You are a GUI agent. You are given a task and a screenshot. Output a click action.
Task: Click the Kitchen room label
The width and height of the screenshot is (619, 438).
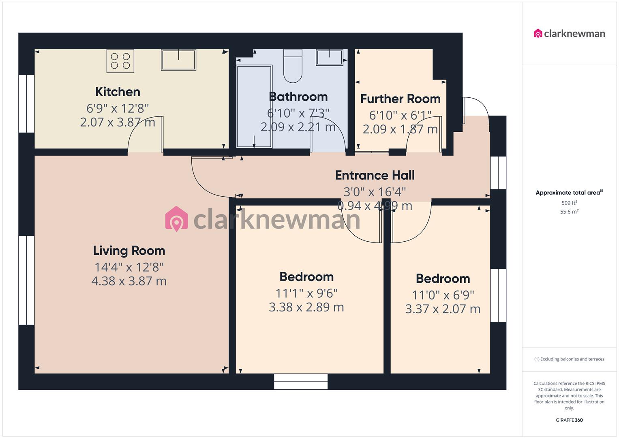pos(118,92)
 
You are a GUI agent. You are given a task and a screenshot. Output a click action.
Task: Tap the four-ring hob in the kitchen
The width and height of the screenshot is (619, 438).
pos(120,61)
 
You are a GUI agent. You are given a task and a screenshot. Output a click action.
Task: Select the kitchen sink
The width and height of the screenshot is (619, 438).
pos(178,60)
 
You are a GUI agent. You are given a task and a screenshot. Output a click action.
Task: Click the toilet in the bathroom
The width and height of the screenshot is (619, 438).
pos(293,66)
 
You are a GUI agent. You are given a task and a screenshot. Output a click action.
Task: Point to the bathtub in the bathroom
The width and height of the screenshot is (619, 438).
pos(254,106)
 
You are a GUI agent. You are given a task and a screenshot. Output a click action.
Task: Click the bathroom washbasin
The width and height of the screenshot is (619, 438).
pos(330,57)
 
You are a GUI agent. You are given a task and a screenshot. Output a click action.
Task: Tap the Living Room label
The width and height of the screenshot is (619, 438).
pos(129,251)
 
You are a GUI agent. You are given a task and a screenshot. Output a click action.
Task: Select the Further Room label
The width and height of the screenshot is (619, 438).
pos(400,99)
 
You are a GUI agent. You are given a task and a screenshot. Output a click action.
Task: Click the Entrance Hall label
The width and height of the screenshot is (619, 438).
pos(375,175)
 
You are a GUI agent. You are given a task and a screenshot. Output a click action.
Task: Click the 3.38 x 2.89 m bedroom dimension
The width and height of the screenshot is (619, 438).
pos(306,307)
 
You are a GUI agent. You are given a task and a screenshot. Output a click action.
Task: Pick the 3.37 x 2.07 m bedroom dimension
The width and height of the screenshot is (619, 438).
pos(443,309)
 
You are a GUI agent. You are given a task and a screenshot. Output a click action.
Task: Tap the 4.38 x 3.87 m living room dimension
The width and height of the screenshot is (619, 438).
pos(129,281)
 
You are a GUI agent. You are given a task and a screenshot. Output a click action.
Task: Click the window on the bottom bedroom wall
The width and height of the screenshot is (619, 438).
pos(300,382)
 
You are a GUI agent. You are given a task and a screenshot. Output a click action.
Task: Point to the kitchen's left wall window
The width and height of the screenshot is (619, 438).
pos(27,103)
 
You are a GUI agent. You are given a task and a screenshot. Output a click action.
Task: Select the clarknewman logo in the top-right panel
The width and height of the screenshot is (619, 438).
pos(569,34)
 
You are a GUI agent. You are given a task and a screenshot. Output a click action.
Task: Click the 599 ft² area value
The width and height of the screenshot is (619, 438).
pos(569,203)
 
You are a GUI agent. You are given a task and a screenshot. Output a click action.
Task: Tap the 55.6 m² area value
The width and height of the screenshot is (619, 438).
pos(569,211)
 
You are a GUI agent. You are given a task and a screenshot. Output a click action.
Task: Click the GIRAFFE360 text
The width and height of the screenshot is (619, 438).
pos(569,420)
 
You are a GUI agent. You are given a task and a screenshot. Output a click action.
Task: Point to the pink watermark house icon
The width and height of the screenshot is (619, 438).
pos(177,219)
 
